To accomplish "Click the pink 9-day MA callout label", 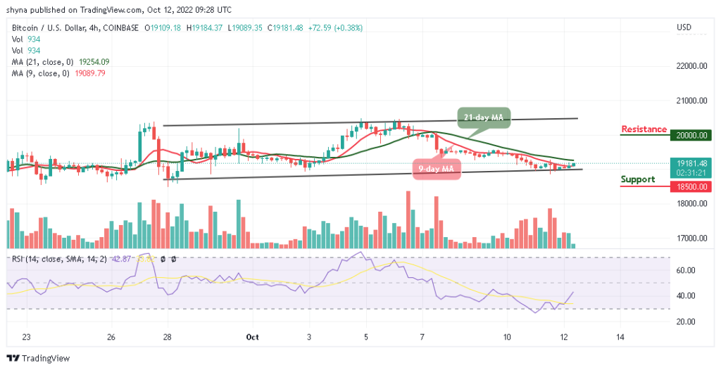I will pos(437,169).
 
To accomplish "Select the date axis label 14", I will pos(620,338).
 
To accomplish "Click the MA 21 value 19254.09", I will pos(91,62).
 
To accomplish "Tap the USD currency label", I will pos(683,28).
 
